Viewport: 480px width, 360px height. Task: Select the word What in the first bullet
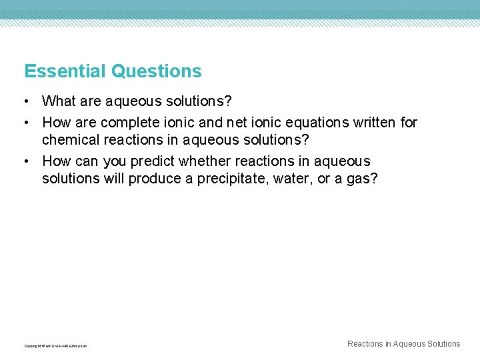pos(59,101)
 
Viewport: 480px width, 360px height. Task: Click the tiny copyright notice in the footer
pos(55,346)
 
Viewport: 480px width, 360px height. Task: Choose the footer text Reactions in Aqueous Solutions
pos(403,344)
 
